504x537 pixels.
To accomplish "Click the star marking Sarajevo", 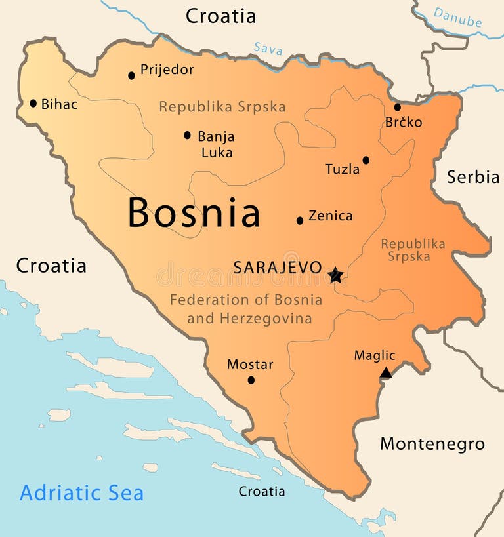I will (335, 275).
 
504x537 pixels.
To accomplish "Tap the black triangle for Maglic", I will (386, 373).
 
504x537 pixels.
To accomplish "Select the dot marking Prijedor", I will (131, 75).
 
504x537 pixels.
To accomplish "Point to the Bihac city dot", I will (33, 103).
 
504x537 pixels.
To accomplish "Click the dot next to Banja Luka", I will (187, 135).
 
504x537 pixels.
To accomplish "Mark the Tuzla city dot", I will (366, 160).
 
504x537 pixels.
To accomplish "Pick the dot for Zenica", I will (300, 220).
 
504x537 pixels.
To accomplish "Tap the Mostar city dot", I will (251, 380).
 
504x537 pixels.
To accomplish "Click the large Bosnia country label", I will (194, 213).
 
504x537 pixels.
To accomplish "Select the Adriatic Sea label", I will (81, 493).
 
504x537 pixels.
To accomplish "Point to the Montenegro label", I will (432, 444).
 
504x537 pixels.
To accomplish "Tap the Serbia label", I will (473, 176).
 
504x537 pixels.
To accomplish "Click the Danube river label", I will (457, 18).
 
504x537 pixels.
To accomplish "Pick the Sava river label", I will (268, 48).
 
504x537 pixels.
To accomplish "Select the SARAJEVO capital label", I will (278, 268).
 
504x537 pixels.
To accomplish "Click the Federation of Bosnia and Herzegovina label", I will (246, 309).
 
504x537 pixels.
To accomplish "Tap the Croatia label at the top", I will (220, 16).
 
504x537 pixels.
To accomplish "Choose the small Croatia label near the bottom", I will (262, 491).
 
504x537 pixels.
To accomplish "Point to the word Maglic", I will (375, 355).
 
